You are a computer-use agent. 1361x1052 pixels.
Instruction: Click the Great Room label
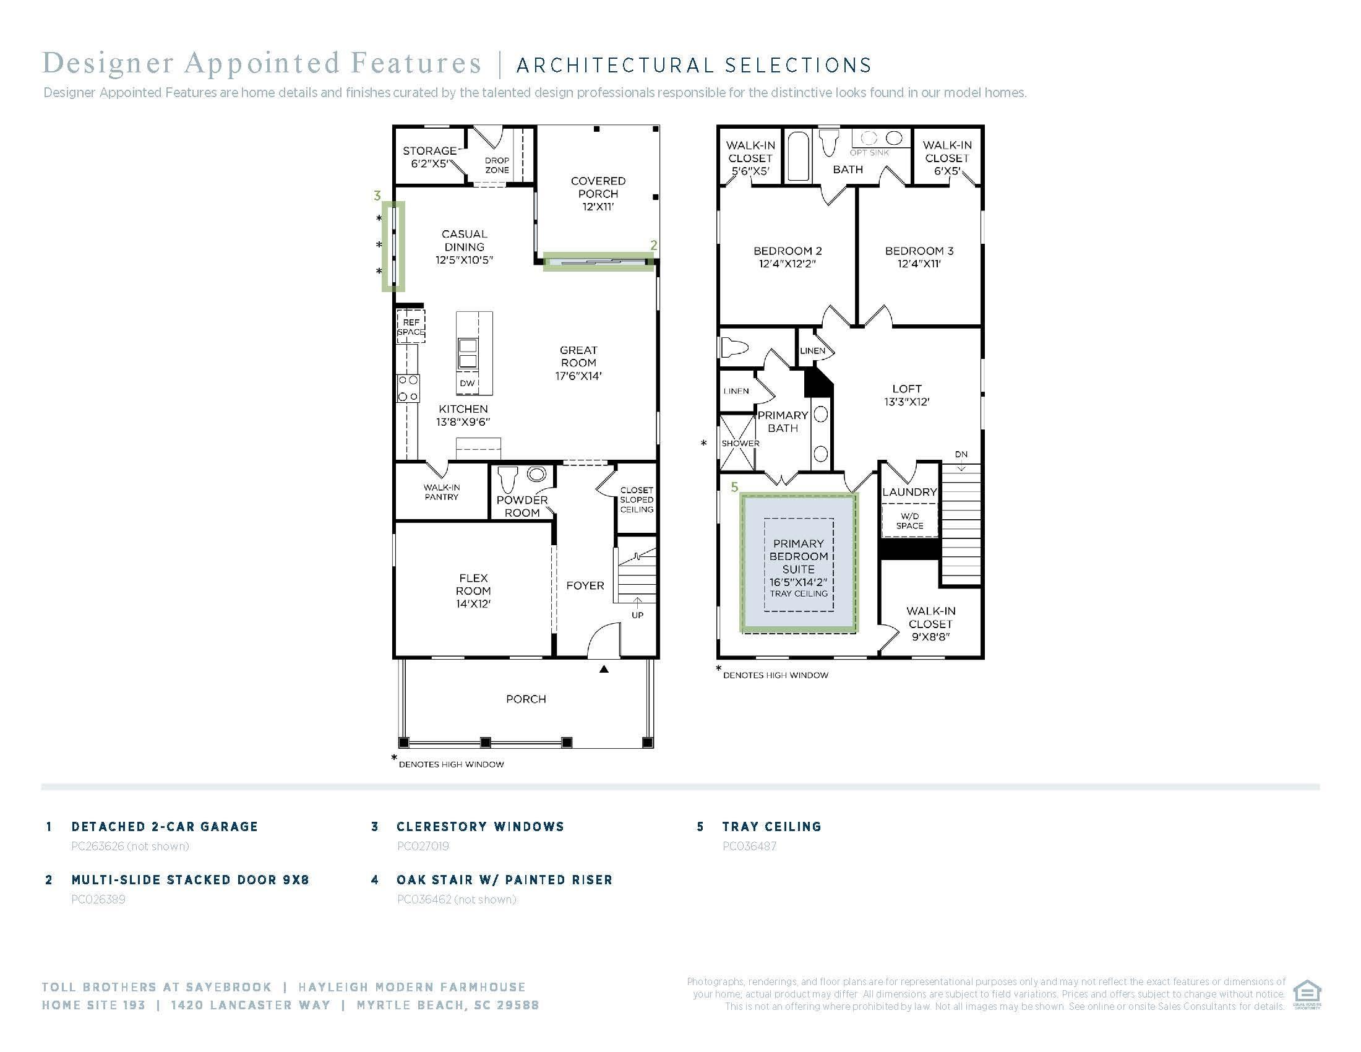[578, 363]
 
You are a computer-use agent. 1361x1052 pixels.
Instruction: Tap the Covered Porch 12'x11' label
[598, 194]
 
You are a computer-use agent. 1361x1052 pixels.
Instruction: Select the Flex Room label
[473, 590]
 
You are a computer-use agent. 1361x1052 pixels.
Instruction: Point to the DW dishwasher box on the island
[466, 383]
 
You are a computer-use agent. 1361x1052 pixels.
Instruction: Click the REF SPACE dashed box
[411, 327]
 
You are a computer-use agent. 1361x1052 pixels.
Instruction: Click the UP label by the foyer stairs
[637, 615]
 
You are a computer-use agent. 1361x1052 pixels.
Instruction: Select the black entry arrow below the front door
[604, 670]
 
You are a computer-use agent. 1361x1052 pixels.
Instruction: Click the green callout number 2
[654, 246]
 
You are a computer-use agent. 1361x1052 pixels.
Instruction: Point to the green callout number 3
[377, 196]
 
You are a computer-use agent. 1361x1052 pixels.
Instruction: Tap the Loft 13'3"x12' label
[907, 395]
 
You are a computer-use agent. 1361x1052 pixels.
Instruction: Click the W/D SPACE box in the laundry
[909, 520]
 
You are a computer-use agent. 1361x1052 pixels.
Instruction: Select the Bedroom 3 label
[919, 257]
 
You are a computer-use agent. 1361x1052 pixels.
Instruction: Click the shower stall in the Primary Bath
[737, 443]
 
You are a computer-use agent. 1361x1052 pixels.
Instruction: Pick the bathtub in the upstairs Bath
[798, 156]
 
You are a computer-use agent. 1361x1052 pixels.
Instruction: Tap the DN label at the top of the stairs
[961, 454]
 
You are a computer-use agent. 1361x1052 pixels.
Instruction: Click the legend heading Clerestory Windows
[480, 826]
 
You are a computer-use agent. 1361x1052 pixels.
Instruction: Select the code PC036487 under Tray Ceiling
[749, 847]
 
